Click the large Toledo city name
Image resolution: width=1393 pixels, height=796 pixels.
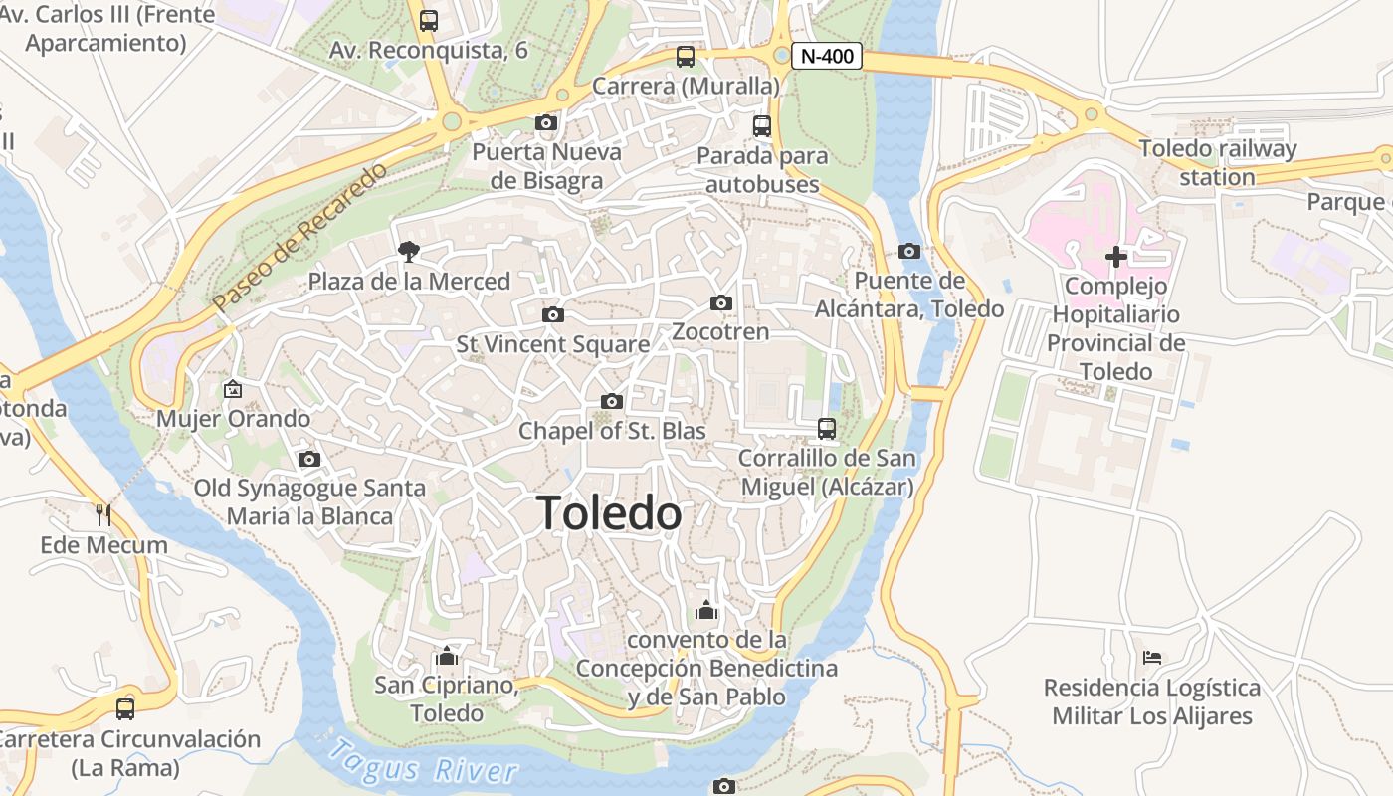[610, 513]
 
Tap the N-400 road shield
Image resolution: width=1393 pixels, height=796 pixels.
[827, 57]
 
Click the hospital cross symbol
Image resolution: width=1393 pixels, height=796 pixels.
[1116, 257]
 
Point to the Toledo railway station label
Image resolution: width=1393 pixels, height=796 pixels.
[1218, 163]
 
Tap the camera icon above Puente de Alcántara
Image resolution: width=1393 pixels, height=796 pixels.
[908, 251]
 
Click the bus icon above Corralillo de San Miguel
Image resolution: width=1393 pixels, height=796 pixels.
[827, 429]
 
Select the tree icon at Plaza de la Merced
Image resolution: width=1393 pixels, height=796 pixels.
[408, 251]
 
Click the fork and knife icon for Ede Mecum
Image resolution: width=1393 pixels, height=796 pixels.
[103, 514]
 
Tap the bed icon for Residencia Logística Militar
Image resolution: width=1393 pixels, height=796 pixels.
[1152, 658]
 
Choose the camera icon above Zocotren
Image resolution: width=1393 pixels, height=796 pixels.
[721, 302]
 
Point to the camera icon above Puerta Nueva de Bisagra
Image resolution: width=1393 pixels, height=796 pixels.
[546, 123]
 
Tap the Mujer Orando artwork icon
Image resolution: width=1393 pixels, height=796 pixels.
[233, 389]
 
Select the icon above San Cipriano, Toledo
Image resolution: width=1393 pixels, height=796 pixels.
[447, 656]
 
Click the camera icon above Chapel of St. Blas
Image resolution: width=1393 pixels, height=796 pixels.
[612, 401]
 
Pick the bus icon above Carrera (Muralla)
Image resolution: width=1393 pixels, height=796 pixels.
[686, 57]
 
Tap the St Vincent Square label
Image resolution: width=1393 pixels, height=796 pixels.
[553, 344]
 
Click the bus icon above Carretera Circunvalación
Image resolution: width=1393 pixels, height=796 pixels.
[125, 709]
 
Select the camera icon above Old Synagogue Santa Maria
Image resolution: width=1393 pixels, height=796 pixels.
[309, 459]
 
